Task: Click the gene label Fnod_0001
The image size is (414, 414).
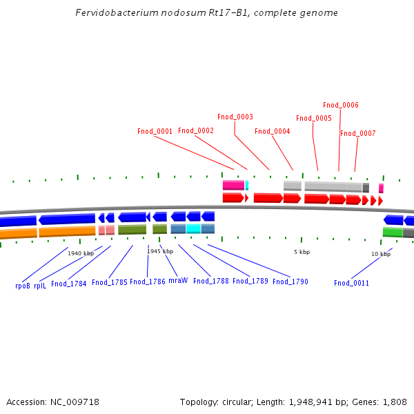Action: [x=155, y=131]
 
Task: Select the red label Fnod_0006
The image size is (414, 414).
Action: [x=341, y=105]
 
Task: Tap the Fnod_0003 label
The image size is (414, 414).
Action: [x=235, y=117]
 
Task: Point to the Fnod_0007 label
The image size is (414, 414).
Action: [x=357, y=133]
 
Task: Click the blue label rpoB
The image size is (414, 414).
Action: [x=23, y=286]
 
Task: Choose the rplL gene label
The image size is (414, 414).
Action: [x=40, y=286]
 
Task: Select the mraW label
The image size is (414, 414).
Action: [x=178, y=281]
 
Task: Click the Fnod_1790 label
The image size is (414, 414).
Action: [x=290, y=282]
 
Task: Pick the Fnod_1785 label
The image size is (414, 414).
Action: [x=110, y=282]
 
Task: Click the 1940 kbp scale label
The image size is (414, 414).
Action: [x=80, y=253]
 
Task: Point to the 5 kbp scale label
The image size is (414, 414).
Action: [x=302, y=252]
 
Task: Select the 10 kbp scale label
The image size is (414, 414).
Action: [x=381, y=254]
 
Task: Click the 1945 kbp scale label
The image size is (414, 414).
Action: [x=160, y=251]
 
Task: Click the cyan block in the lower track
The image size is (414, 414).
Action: [x=193, y=228]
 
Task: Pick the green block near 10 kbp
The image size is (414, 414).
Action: [x=393, y=233]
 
